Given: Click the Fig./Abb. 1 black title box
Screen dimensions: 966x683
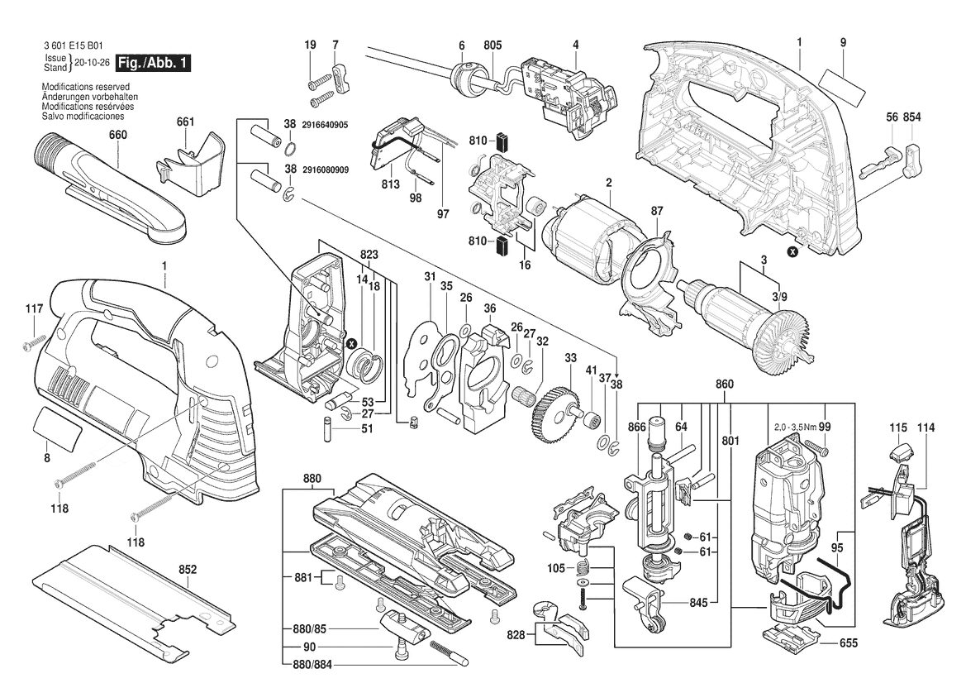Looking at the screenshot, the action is [154, 63].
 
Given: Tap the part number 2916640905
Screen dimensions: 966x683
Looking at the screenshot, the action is [325, 125].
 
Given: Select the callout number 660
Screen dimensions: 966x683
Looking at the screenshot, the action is [117, 135].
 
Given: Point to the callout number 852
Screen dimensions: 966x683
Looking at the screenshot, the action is [188, 570].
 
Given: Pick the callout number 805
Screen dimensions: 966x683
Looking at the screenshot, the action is [493, 45].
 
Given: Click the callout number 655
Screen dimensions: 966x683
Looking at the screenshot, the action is [849, 643].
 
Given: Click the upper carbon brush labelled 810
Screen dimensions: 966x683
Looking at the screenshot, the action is [501, 141].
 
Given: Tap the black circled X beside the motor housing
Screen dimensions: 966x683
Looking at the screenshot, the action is [793, 251].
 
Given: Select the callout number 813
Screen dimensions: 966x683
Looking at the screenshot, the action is [391, 184].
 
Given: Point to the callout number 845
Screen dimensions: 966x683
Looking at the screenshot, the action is [698, 602].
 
